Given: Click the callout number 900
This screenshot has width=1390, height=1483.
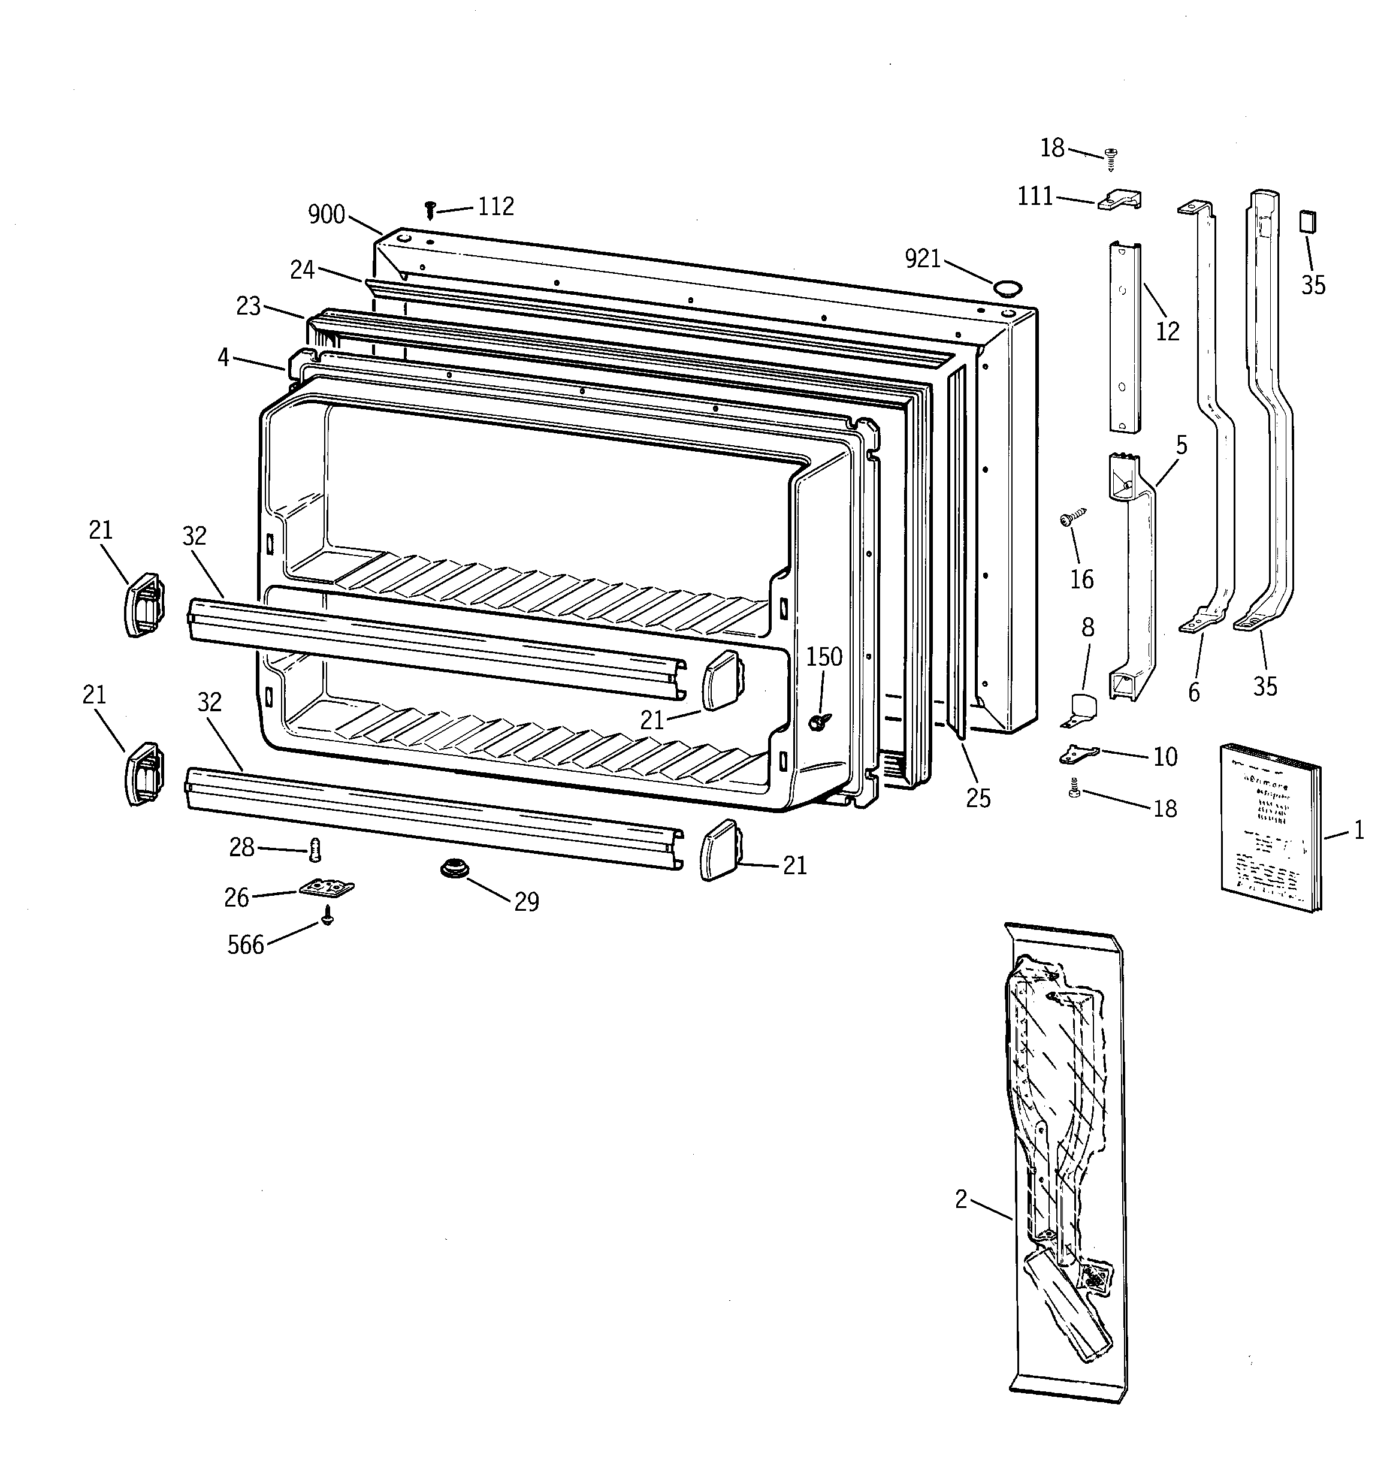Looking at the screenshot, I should pyautogui.click(x=326, y=215).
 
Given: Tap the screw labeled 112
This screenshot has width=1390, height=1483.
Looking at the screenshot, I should pyautogui.click(x=430, y=209).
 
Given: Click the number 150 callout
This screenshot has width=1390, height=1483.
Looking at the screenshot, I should pyautogui.click(x=824, y=657).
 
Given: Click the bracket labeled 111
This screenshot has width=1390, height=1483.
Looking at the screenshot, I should pyautogui.click(x=1119, y=200).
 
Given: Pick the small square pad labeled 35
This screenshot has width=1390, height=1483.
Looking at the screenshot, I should pyautogui.click(x=1307, y=222).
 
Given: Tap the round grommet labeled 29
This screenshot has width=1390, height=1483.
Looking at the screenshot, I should pyautogui.click(x=451, y=868).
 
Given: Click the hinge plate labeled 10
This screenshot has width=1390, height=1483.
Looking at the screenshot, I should pyautogui.click(x=1079, y=754).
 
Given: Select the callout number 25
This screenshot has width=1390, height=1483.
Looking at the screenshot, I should pyautogui.click(x=978, y=798).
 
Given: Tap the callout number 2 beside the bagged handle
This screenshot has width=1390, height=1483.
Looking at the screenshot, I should pyautogui.click(x=961, y=1199).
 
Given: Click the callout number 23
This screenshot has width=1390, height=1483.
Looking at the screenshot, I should pyautogui.click(x=249, y=306).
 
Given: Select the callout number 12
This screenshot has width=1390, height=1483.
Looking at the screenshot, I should pyautogui.click(x=1168, y=331).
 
